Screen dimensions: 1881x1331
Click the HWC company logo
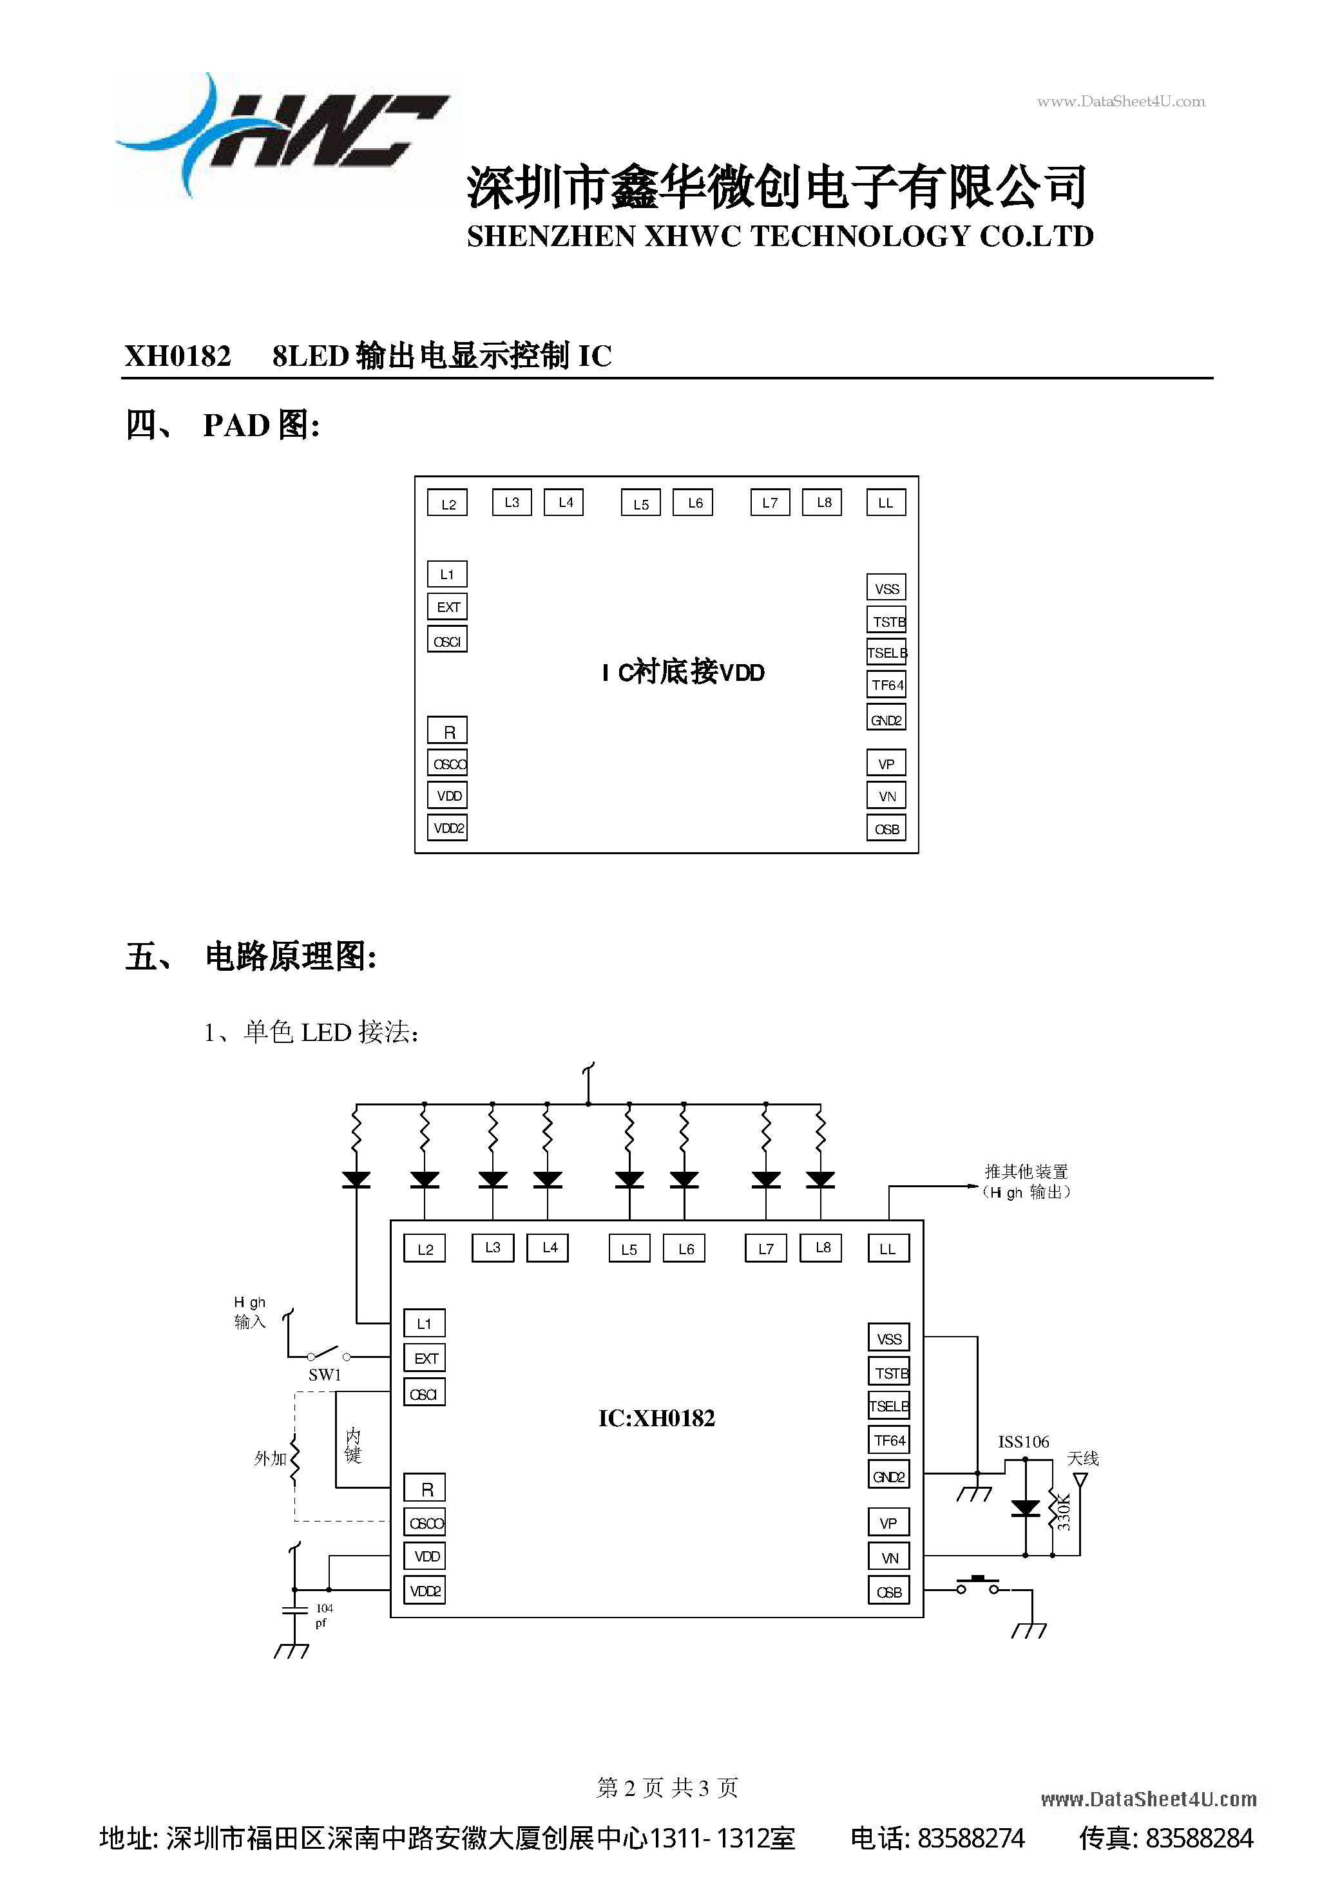click(x=283, y=135)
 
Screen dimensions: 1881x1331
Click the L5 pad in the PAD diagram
click(x=641, y=504)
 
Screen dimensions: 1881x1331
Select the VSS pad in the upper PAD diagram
click(x=886, y=588)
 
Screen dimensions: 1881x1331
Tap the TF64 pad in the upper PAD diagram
click(x=886, y=685)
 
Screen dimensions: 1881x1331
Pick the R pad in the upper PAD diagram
click(x=448, y=730)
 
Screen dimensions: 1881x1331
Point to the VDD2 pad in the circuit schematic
click(x=425, y=1590)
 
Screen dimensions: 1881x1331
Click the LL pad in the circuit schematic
click(x=888, y=1248)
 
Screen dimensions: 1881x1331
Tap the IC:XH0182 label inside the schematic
click(x=656, y=1418)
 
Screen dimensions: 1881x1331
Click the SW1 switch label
click(x=325, y=1375)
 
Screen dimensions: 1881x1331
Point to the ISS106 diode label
click(x=1023, y=1442)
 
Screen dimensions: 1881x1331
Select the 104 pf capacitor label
click(x=324, y=1615)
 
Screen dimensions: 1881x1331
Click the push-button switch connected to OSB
click(x=978, y=1586)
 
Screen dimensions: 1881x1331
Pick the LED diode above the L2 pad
click(x=425, y=1179)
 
